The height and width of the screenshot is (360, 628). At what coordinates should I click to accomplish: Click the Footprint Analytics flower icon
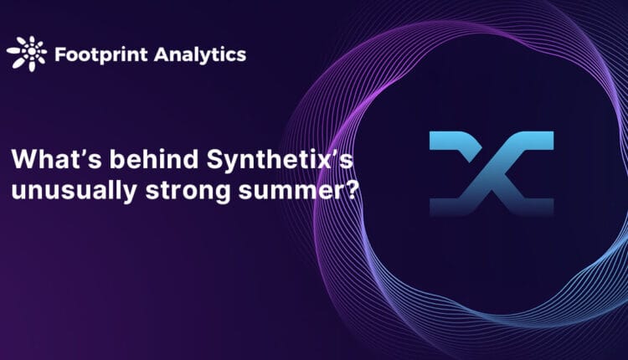coord(25,54)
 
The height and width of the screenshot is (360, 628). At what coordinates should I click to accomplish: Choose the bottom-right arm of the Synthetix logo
coord(535,206)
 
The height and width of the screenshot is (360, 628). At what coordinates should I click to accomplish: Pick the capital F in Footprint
coord(59,55)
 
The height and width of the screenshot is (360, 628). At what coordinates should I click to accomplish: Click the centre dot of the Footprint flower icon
coord(25,54)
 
